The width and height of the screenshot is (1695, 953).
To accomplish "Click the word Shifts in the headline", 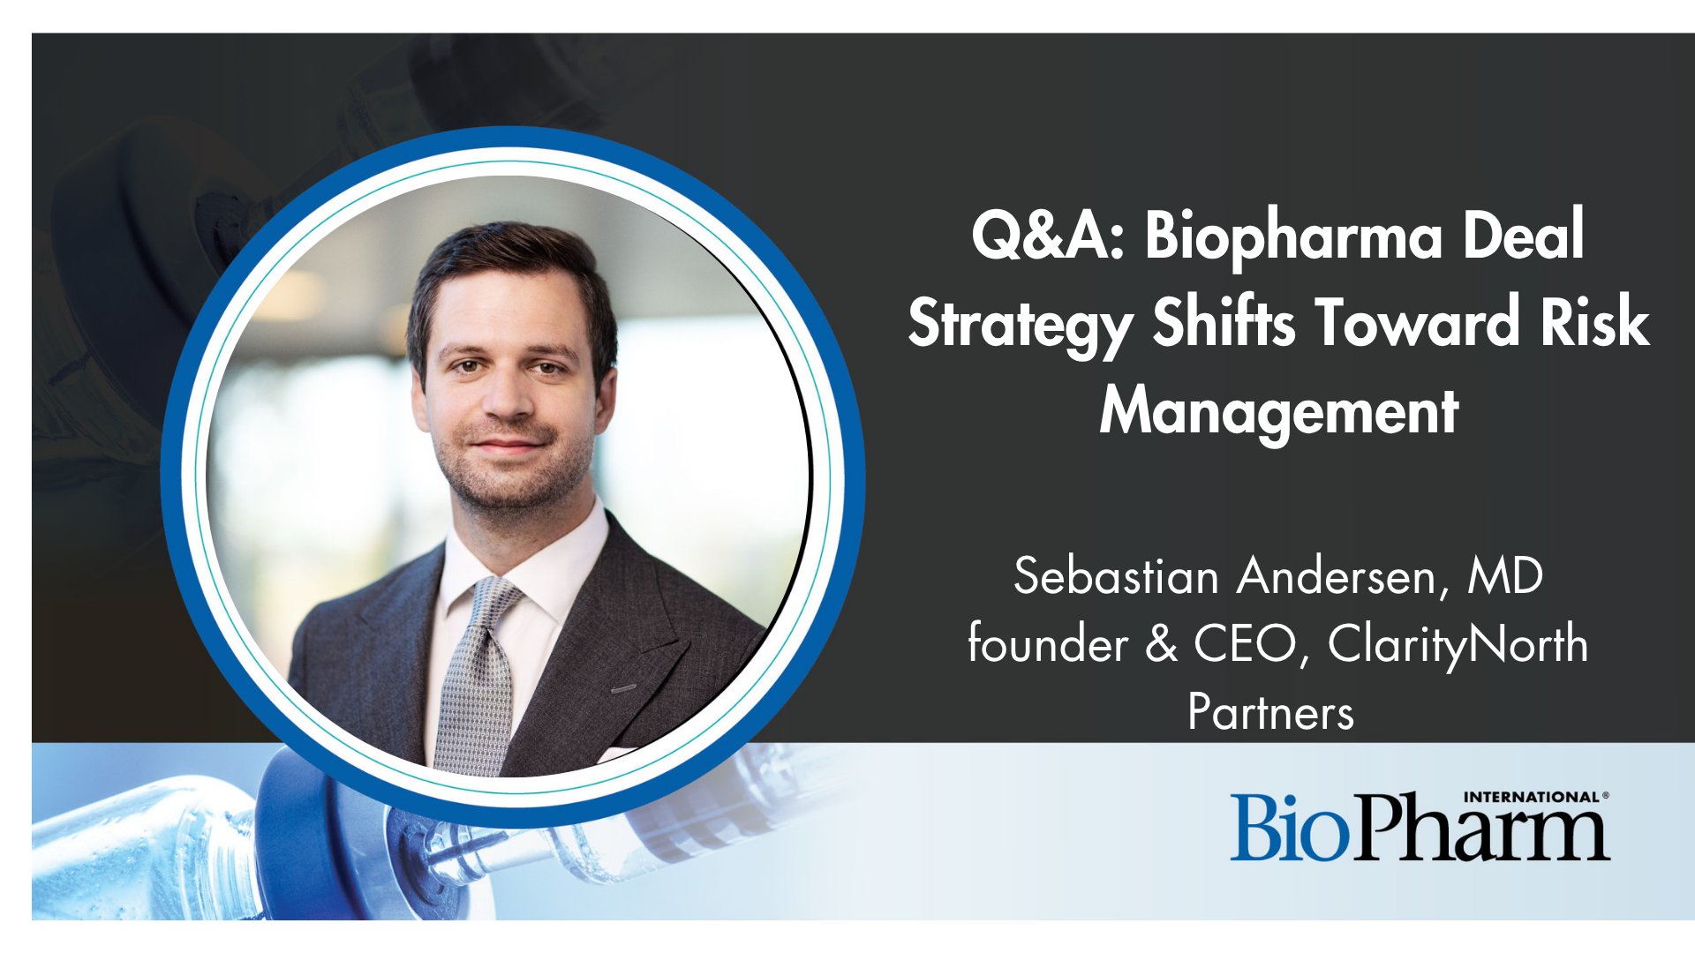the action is pos(1224,321).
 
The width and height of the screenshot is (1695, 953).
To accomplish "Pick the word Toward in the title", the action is pos(1418,321).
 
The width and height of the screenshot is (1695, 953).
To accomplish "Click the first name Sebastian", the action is pos(1117,576).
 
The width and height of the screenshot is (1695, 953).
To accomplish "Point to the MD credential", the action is pos(1505,576).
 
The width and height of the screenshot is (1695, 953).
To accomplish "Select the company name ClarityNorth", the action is pos(1458,645).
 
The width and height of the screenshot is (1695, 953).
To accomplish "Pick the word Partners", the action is pos(1271,711).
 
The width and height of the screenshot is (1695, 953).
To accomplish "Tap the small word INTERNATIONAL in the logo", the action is pos(1532,797).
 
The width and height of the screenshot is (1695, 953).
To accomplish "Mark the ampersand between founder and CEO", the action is pos(1162,643).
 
